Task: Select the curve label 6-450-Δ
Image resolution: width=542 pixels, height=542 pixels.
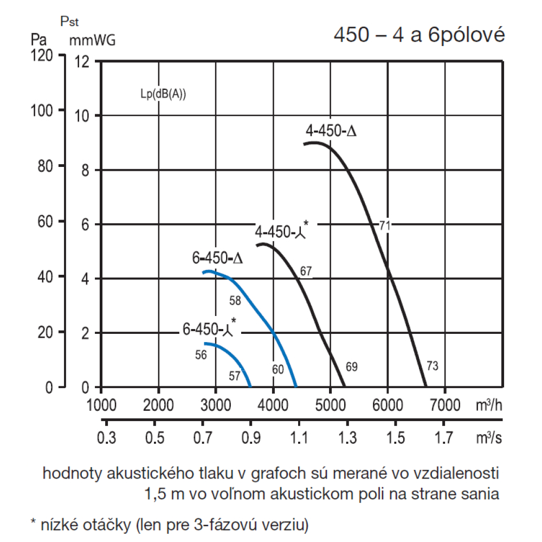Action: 217,258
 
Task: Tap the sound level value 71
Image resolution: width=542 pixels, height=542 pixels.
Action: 385,226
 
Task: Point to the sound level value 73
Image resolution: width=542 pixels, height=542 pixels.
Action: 431,366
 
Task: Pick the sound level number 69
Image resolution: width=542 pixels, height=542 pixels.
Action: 351,367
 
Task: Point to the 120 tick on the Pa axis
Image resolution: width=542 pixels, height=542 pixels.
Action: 42,55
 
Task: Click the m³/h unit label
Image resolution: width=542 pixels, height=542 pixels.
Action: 489,405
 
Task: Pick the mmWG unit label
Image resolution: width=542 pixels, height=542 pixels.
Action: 92,40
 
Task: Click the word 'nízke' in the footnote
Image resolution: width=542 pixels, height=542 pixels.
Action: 56,524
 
